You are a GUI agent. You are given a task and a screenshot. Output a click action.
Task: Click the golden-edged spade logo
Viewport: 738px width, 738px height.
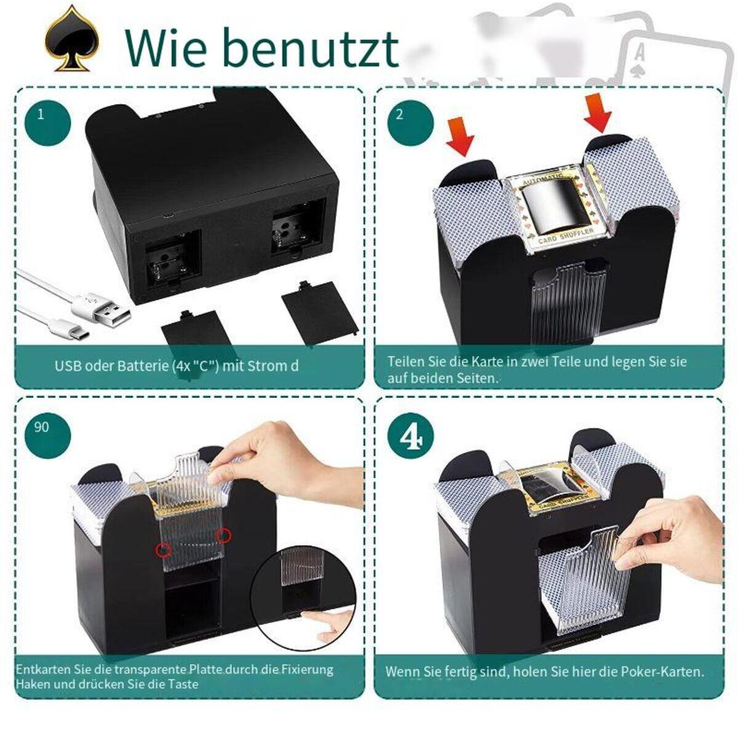click(72, 40)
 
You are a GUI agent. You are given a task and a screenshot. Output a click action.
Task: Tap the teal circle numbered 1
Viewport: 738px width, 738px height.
click(48, 122)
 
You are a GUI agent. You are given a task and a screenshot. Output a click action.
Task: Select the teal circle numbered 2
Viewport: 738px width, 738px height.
click(411, 122)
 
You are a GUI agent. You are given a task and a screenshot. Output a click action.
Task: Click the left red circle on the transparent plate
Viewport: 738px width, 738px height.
click(164, 550)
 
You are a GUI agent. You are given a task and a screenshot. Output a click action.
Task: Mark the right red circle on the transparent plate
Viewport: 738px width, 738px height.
click(223, 535)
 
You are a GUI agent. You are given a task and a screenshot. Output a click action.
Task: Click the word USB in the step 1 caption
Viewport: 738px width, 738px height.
click(68, 366)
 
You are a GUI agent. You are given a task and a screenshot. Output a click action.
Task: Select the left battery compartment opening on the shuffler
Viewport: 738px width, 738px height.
click(173, 258)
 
